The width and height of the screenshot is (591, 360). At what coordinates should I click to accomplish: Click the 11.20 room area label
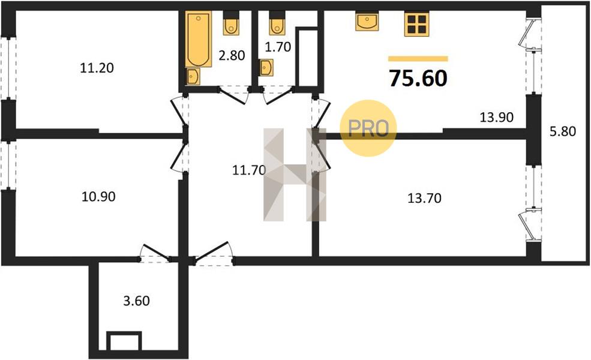click(97, 68)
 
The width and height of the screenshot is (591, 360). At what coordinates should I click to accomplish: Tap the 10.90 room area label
click(98, 196)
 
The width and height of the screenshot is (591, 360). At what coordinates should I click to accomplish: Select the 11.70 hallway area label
click(249, 170)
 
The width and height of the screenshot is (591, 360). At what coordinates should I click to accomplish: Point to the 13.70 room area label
click(424, 198)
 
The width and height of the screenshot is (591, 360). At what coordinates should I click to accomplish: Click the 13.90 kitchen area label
click(496, 117)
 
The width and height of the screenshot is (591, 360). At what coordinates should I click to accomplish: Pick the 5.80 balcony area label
click(563, 131)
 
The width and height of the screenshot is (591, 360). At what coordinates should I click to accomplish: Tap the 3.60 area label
click(136, 301)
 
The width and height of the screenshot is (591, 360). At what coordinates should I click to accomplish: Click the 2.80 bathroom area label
click(232, 55)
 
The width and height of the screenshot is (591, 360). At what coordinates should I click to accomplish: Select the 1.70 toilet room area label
click(278, 47)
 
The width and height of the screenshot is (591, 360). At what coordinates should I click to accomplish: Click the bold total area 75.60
click(418, 78)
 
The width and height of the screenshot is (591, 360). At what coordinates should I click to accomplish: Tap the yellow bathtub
click(198, 39)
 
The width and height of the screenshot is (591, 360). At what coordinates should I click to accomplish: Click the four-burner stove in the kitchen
click(416, 24)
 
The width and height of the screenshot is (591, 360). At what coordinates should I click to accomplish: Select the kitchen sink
click(367, 21)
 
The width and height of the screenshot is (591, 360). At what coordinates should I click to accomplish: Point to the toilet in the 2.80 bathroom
click(231, 23)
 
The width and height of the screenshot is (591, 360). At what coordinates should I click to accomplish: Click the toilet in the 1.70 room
click(277, 23)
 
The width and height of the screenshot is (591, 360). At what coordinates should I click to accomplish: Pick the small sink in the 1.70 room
click(266, 67)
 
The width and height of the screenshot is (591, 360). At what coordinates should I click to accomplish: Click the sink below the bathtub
click(193, 77)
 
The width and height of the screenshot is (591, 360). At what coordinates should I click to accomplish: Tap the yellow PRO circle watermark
click(368, 128)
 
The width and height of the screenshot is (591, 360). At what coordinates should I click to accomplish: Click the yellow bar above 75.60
click(418, 58)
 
